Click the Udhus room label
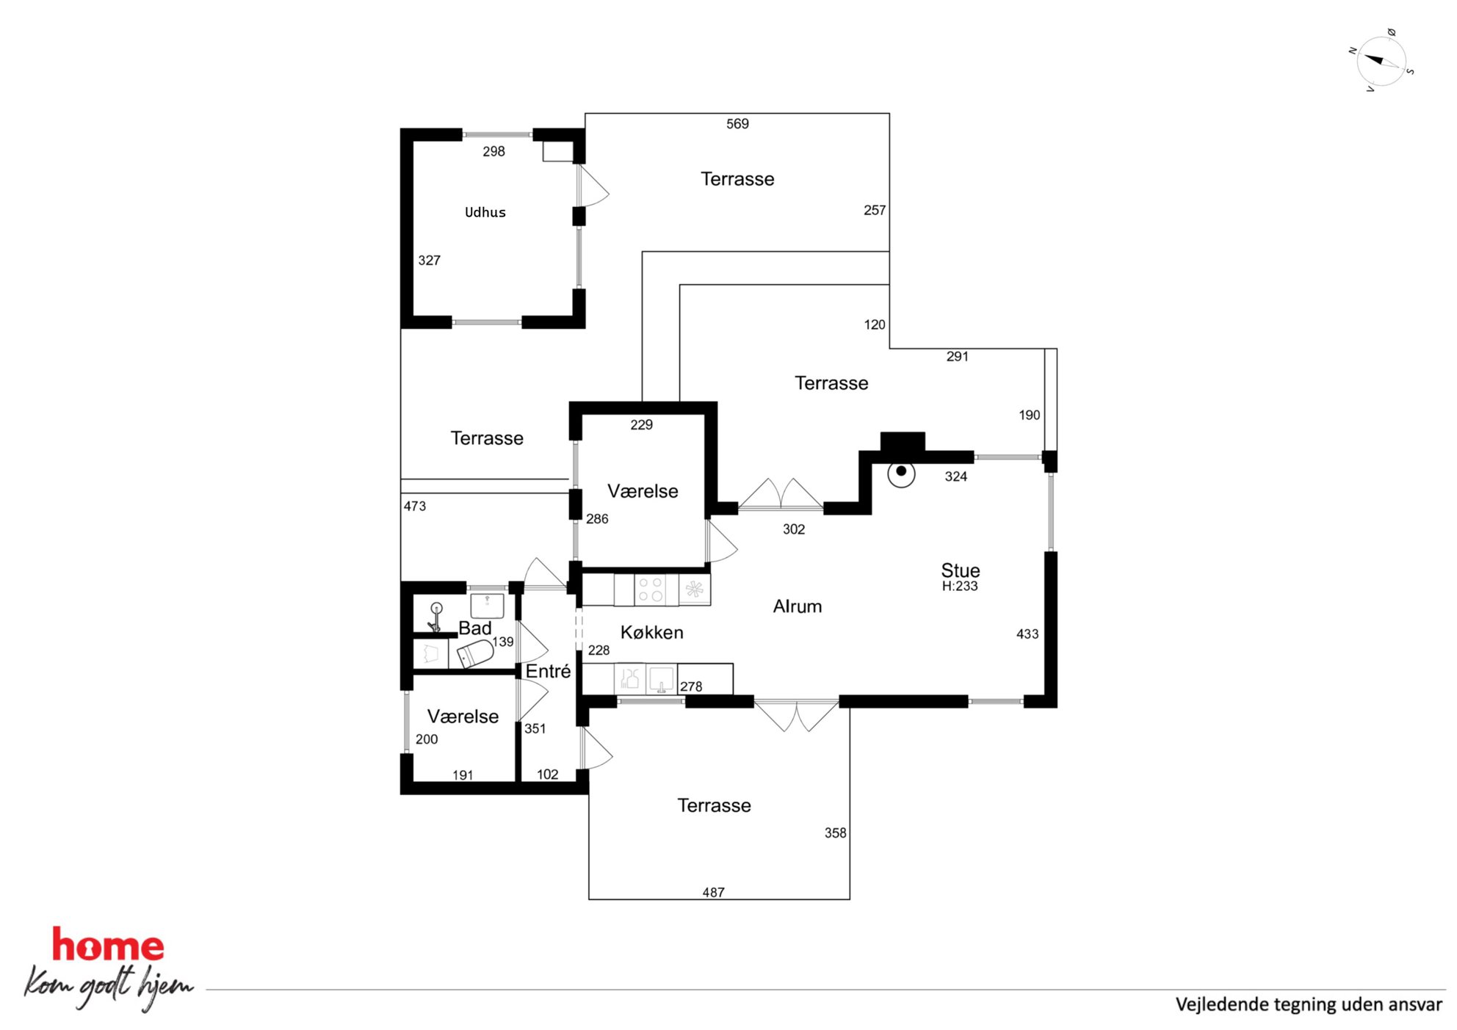(x=485, y=212)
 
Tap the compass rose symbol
(x=1381, y=61)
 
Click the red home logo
(x=108, y=946)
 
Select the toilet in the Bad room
(x=475, y=653)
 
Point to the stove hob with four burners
(x=650, y=590)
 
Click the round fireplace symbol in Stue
(x=901, y=473)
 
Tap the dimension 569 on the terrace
(x=737, y=124)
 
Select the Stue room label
(x=961, y=570)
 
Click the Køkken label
(x=651, y=632)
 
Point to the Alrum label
(x=798, y=606)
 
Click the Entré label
(x=548, y=671)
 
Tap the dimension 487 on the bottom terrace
(x=713, y=893)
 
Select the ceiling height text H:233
(x=960, y=586)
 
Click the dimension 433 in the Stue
(x=1027, y=634)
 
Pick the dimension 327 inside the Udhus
(x=430, y=260)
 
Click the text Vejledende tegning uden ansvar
(x=1309, y=1004)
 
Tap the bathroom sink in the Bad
(x=487, y=606)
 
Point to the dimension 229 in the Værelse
(x=641, y=424)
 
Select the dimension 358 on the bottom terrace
(x=835, y=833)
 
